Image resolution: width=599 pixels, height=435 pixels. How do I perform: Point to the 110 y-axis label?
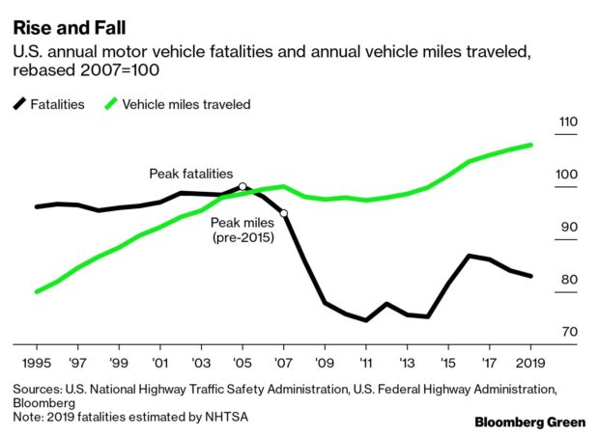(x=567, y=122)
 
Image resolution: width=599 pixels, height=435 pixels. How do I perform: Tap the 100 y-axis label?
(x=567, y=176)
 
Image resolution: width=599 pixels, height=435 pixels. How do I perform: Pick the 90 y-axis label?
(x=569, y=228)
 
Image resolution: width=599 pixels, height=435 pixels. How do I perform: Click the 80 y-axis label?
(x=569, y=281)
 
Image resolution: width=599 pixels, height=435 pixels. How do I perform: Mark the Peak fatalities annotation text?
(x=190, y=174)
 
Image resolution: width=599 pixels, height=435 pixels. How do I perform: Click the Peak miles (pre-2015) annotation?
(x=242, y=229)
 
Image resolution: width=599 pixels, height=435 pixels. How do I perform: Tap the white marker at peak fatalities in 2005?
(x=242, y=186)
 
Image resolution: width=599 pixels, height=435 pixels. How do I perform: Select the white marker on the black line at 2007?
(x=283, y=213)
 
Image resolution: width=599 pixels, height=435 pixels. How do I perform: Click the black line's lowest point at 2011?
(x=366, y=320)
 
